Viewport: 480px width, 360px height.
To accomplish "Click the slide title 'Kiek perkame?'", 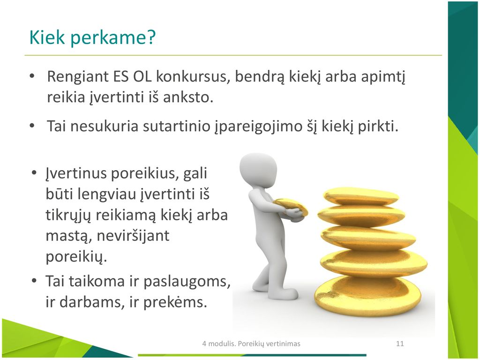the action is pos(92,37).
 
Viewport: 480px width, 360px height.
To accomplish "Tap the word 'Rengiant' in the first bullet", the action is pos(78,76).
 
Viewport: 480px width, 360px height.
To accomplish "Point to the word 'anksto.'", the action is pos(188,97).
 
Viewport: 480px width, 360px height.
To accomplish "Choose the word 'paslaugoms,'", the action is pos(187,282).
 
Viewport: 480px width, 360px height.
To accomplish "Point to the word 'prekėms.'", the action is pos(175,302).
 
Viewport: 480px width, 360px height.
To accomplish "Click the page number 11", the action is pos(400,344).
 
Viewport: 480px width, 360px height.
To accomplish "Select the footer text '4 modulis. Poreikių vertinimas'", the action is pos(251,344).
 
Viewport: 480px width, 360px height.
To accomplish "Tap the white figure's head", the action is pos(258,170).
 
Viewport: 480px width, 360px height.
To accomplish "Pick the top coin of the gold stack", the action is pos(361,196).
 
